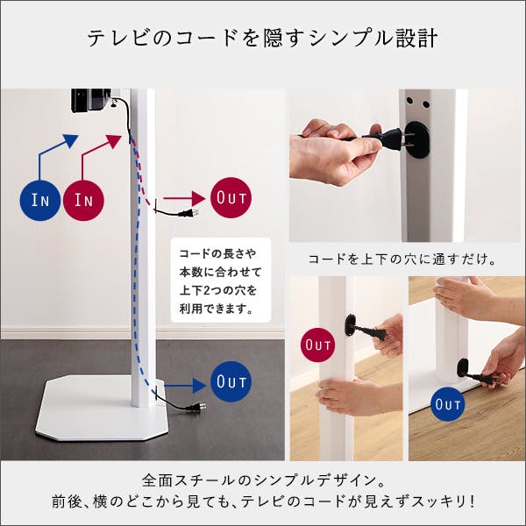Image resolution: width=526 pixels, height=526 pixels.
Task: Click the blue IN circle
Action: tap(40, 200)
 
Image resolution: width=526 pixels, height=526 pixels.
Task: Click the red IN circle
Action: tap(83, 200)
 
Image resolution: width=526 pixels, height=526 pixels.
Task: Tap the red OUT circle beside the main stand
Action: tap(231, 197)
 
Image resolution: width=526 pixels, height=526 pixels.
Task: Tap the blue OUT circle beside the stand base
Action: tap(231, 381)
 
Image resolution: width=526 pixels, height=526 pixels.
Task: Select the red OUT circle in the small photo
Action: tap(318, 345)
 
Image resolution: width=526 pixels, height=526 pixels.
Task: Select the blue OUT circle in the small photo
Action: tap(447, 404)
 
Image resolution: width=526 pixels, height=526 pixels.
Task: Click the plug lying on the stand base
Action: tap(195, 408)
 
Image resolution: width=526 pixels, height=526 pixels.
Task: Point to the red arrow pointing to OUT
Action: tap(184, 199)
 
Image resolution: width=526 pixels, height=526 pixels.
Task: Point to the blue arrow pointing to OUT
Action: tap(185, 385)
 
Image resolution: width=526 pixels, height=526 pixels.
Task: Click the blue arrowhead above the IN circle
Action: tap(70, 141)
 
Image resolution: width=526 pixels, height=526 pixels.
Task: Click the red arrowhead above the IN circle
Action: tap(113, 141)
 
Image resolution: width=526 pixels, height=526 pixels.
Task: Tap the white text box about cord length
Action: tap(221, 281)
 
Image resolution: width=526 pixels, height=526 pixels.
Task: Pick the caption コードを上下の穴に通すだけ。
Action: tap(402, 259)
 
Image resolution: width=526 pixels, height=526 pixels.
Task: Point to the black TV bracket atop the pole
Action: tap(91, 100)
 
